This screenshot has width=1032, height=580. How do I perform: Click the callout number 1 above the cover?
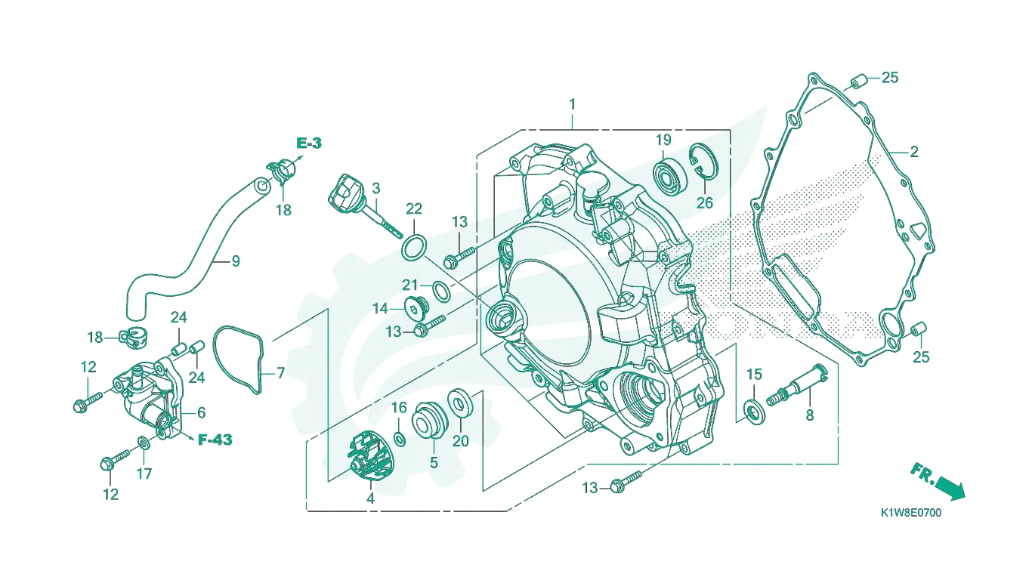coord(572,104)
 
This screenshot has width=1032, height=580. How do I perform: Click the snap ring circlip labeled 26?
coord(704,165)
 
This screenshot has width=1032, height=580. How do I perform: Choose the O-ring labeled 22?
coord(414,248)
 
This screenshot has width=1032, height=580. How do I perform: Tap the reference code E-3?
coord(308,143)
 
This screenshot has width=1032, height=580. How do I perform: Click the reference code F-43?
coord(215,440)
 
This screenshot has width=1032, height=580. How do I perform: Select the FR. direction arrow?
coord(938,481)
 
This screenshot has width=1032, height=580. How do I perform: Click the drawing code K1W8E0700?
coord(911,513)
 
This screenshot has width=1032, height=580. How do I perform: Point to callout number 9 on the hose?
coord(236,261)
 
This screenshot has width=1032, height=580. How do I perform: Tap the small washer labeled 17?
coord(144,443)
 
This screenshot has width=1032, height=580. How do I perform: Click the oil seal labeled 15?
coord(755,413)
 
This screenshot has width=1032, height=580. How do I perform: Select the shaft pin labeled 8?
coord(796,384)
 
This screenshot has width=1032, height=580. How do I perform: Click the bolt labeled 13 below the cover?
coord(626,480)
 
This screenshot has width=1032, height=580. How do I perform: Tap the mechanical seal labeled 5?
coord(430,419)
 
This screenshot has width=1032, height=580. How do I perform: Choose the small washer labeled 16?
coord(400,439)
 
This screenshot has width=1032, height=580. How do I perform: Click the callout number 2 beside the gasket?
coord(913,152)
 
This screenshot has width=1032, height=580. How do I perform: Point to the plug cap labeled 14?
coord(417,308)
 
